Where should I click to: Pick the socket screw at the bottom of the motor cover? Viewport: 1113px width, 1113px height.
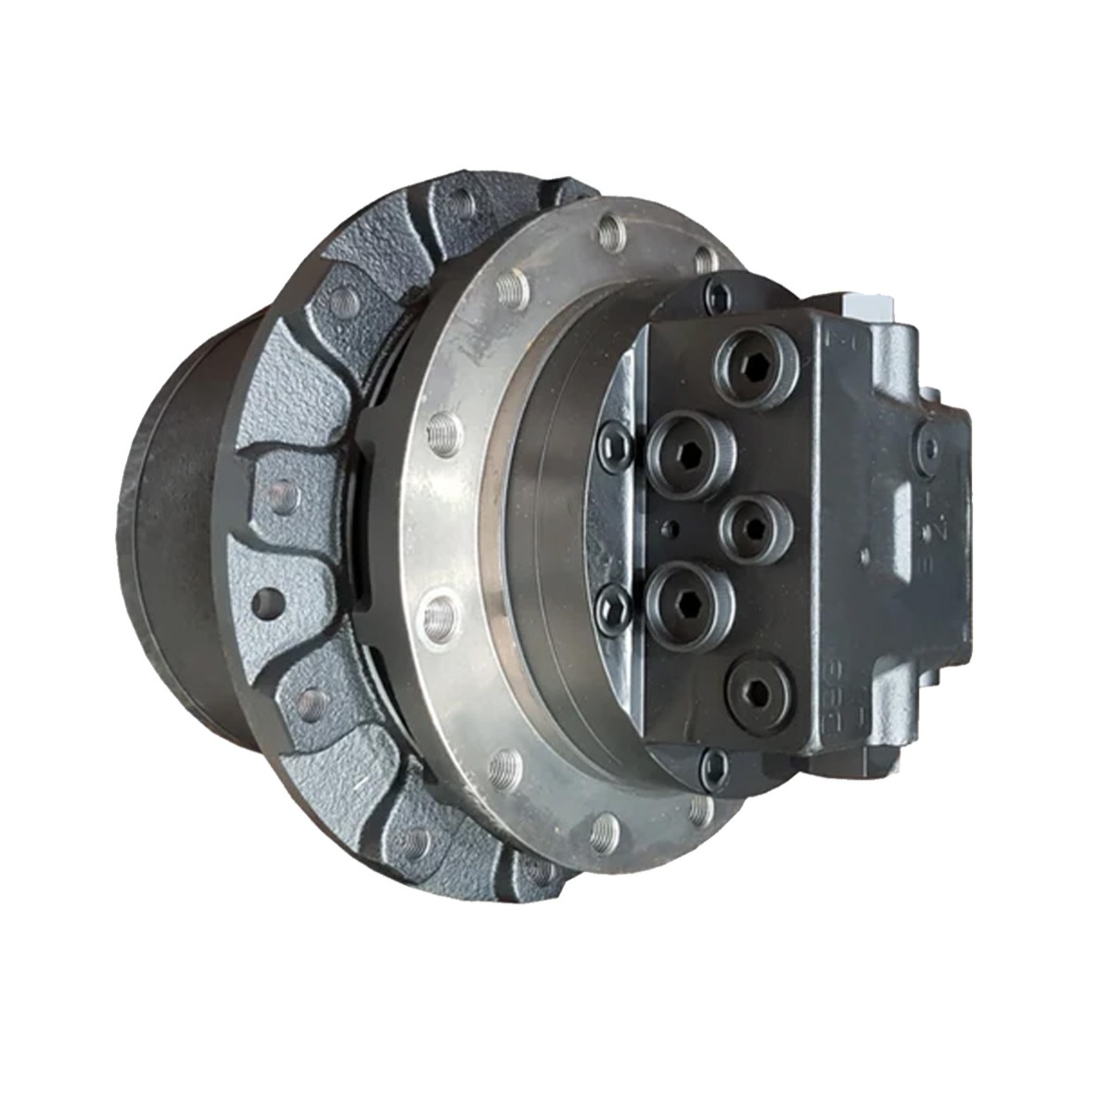(712, 764)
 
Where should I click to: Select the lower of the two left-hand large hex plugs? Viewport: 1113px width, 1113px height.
(691, 595)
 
